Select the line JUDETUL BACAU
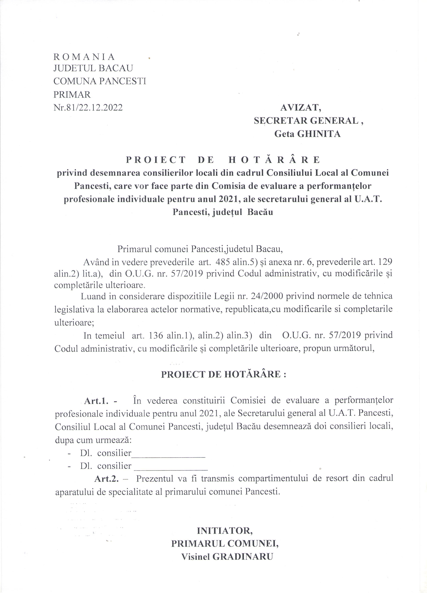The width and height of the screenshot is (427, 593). click(93, 68)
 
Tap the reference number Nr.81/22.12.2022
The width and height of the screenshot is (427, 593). click(88, 108)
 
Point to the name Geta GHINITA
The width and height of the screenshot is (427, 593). click(307, 134)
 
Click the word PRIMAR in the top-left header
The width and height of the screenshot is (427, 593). click(72, 94)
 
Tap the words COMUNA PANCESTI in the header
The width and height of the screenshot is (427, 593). click(100, 81)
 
